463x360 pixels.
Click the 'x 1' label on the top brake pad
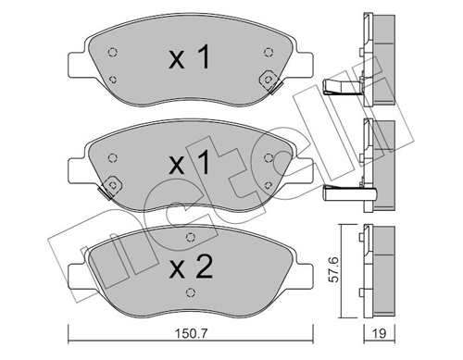point(189,59)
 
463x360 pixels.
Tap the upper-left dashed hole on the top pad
point(111,52)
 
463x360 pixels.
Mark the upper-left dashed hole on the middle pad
point(112,157)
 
